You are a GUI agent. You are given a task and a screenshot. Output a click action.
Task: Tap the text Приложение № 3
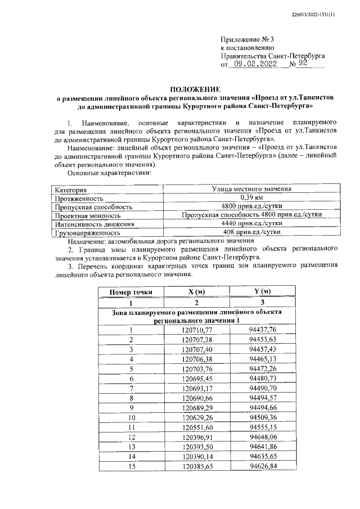[x=247, y=39]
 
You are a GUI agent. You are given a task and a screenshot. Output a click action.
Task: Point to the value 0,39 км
[x=251, y=198]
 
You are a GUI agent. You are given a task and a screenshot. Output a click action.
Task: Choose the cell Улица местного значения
[x=251, y=190]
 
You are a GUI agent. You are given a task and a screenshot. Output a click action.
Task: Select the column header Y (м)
[x=263, y=291]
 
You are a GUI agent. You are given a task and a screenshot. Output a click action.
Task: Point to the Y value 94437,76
[x=263, y=330]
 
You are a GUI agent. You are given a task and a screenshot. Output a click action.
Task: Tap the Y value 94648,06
[x=263, y=436]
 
